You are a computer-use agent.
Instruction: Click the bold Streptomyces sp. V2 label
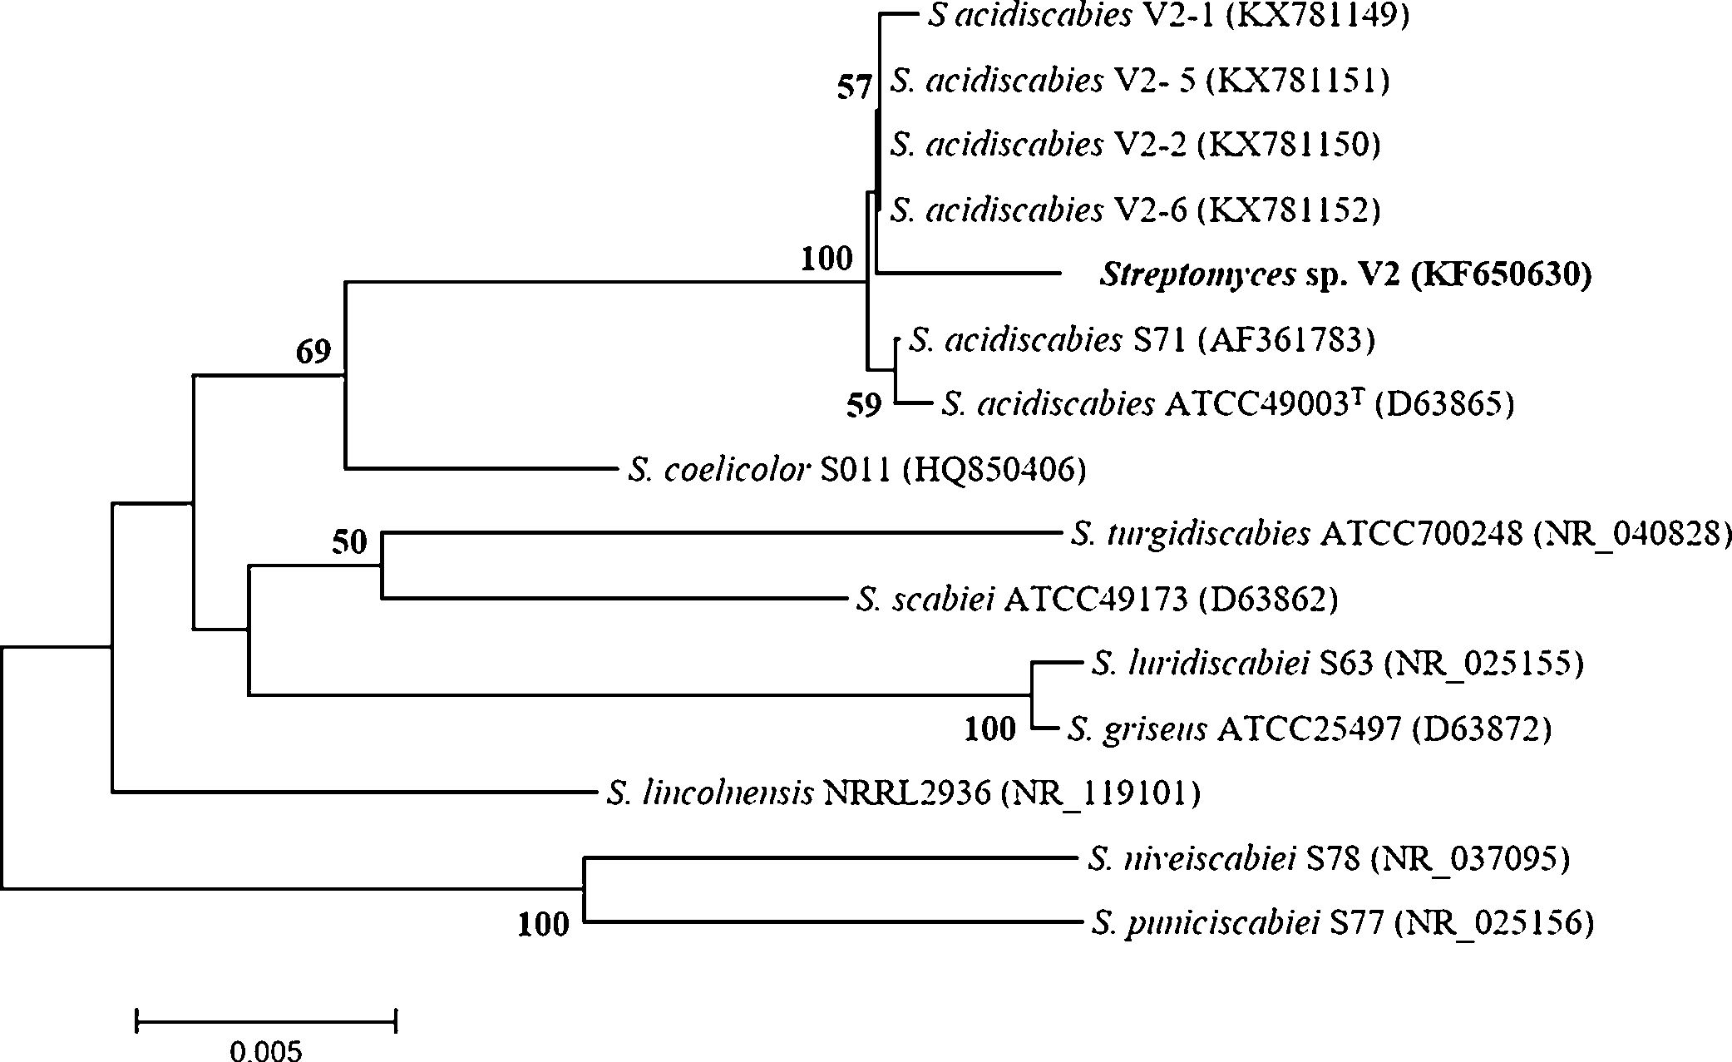1345,274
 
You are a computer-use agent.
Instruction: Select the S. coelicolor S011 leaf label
856,471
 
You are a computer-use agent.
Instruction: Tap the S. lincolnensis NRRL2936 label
903,794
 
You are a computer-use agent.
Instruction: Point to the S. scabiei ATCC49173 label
1097,599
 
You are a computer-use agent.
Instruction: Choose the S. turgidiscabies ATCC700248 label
1400,534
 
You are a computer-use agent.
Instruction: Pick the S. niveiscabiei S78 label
1328,858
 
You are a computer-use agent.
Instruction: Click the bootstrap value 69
313,353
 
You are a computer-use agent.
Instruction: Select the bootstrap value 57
853,87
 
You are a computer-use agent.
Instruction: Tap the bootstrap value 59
863,406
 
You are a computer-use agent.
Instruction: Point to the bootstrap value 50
349,543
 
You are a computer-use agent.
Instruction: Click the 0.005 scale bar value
266,1052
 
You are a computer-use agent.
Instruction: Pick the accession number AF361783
1284,340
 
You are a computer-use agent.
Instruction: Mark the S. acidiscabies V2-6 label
1135,210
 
